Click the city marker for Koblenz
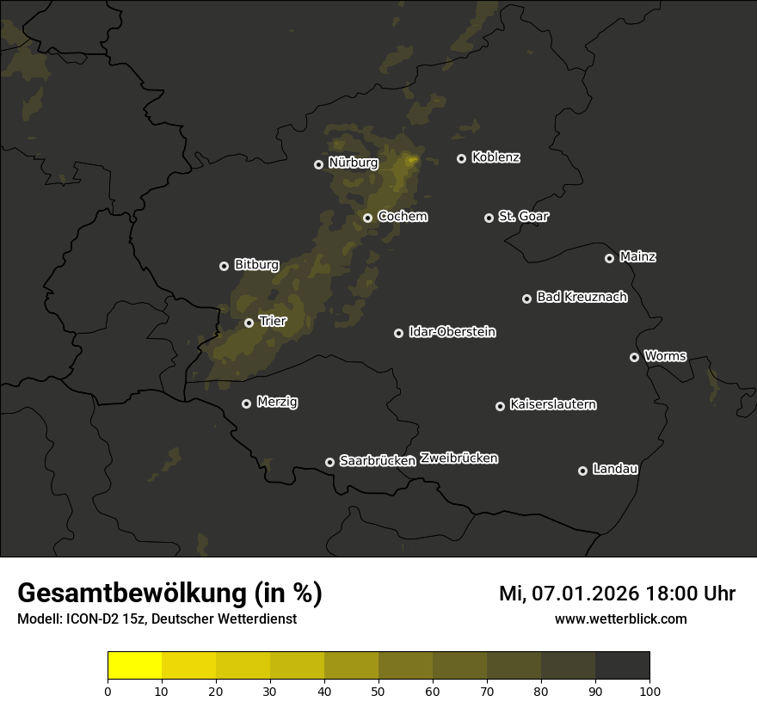point(461,158)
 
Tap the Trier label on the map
point(273,321)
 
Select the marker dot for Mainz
point(609,258)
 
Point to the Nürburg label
point(353,163)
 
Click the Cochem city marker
point(367,218)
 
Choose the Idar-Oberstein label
point(452,332)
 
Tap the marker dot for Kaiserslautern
point(500,406)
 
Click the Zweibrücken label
point(459,459)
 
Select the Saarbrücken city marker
point(329,462)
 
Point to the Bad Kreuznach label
point(582,297)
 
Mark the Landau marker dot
point(582,471)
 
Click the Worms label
point(665,355)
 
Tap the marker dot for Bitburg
point(224,266)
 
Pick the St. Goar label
point(523,216)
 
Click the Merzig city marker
point(246,403)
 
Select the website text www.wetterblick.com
point(620,619)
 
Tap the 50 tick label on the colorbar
point(378,691)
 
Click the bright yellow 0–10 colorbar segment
point(135,666)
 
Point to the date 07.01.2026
point(586,594)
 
